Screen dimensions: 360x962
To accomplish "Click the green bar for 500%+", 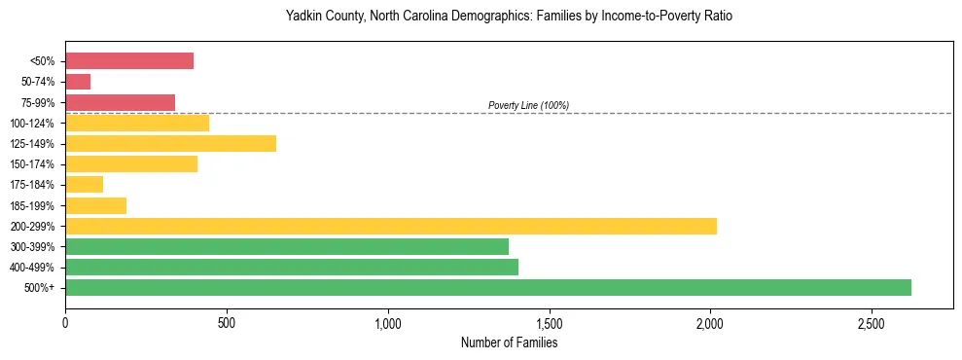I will [x=487, y=287].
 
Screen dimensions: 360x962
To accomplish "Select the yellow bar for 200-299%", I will [x=390, y=226].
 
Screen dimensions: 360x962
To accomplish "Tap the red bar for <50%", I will [x=128, y=61].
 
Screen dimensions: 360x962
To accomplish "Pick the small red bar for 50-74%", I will [x=78, y=82].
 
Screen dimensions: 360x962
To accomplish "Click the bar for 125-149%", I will [x=170, y=144].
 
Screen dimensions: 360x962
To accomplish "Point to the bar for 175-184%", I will [x=84, y=185].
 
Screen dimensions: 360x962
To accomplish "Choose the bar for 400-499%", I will [x=291, y=267].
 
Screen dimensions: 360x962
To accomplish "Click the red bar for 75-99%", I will [x=120, y=102].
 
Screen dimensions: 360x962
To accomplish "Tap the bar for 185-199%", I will [x=95, y=205].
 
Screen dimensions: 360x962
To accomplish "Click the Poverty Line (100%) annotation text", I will [x=528, y=105].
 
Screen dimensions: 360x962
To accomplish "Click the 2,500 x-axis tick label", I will [x=872, y=322].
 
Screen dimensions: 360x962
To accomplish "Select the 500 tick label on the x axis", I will [x=226, y=322].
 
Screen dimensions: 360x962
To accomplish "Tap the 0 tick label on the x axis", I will [x=65, y=322].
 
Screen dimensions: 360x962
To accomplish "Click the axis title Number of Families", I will [x=508, y=342].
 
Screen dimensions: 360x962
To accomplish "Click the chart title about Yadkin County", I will [x=508, y=17].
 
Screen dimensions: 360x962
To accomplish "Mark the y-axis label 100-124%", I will [x=36, y=124].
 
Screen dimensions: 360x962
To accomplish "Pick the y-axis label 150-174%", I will [x=36, y=164].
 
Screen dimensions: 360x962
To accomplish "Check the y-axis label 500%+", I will [x=42, y=288].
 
